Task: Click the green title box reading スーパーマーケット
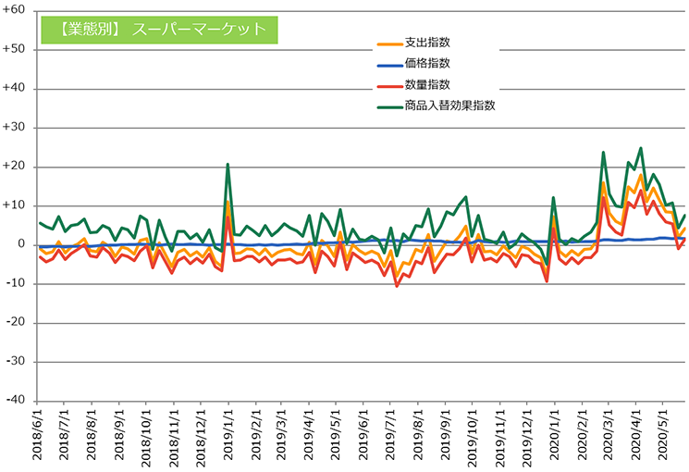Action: click(160, 29)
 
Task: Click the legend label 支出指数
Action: click(427, 43)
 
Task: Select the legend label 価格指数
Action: click(427, 63)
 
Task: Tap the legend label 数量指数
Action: click(427, 84)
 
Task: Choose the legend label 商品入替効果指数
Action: click(450, 106)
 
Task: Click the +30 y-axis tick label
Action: click(15, 128)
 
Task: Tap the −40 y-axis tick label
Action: click(15, 400)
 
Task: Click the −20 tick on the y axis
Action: click(15, 322)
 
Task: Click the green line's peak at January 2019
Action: click(228, 165)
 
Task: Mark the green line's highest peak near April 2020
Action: click(640, 148)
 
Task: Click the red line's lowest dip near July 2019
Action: click(397, 286)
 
